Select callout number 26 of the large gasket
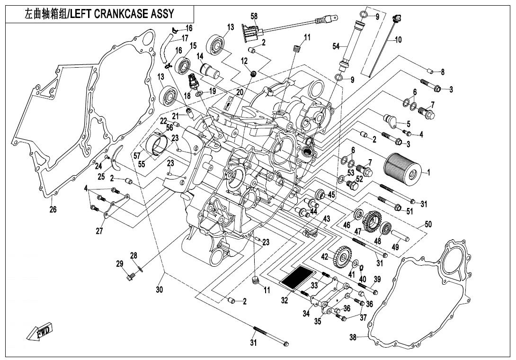[52, 209]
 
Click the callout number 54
[336, 46]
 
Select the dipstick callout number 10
[398, 40]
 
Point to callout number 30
[159, 289]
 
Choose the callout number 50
[428, 224]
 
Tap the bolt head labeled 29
[129, 275]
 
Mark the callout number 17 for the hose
[184, 38]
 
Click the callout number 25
[101, 176]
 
